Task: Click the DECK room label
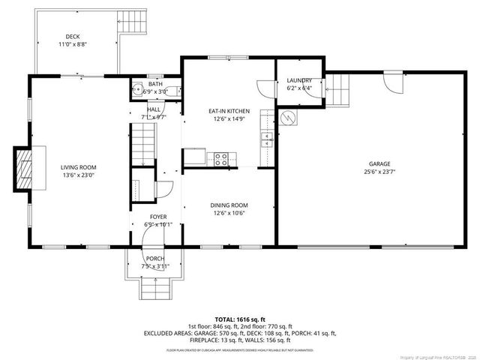[x=73, y=36]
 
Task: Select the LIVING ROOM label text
[x=79, y=167]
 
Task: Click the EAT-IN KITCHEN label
[x=229, y=111]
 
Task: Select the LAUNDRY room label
[x=298, y=80]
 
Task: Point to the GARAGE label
[x=379, y=163]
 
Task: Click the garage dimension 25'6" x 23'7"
[x=379, y=171]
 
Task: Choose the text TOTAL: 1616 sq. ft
[x=241, y=319]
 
